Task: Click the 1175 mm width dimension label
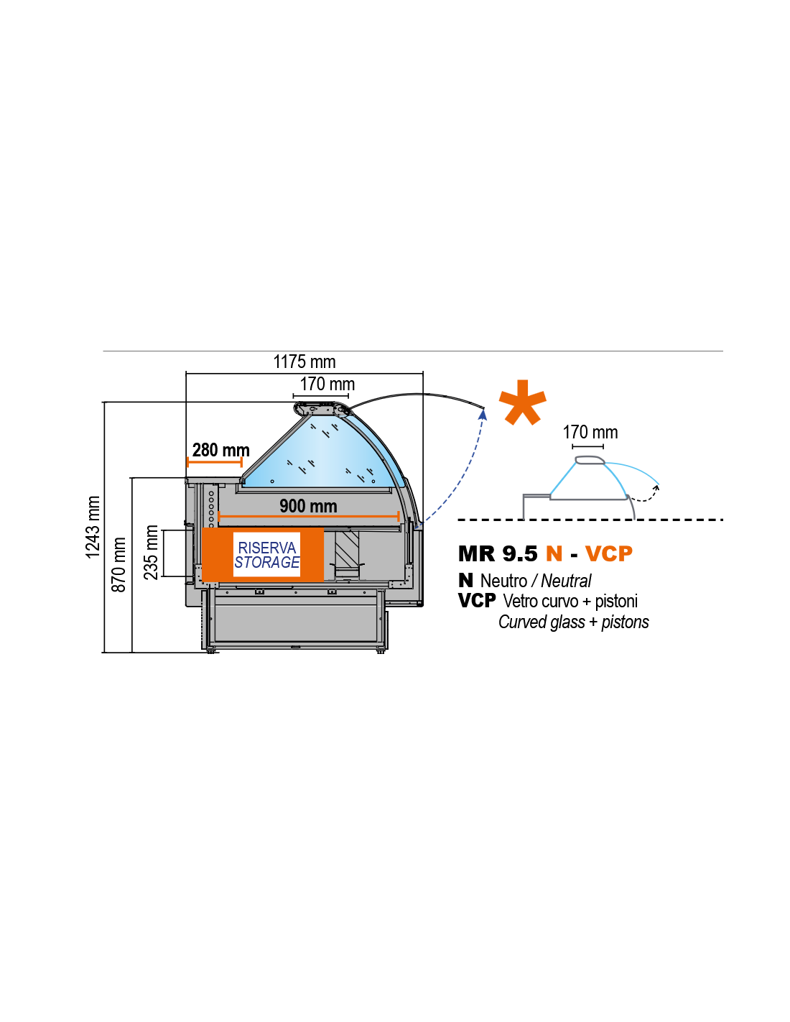pos(304,362)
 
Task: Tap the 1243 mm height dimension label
pos(93,527)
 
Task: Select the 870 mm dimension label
pos(118,564)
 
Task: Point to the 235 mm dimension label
pos(150,552)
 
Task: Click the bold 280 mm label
pos(221,450)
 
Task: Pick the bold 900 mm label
pos(308,506)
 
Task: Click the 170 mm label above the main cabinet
pos(327,384)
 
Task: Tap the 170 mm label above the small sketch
pos(590,432)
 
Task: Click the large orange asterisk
pos(523,402)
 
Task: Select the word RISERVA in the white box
pos(267,548)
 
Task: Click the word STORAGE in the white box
pos(267,562)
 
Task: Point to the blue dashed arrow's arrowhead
pos(483,414)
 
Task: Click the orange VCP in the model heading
pos(608,553)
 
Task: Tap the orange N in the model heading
pos(554,553)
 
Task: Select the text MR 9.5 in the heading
pos(498,553)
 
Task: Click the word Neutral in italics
pos(566,581)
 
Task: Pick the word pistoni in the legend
pos(616,602)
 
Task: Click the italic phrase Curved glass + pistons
pos(573,622)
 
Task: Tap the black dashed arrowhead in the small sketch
pos(656,488)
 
